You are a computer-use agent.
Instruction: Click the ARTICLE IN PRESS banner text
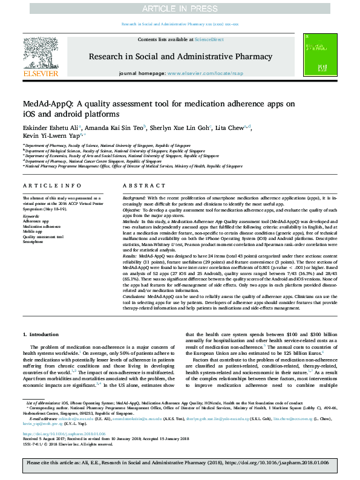click(x=180, y=8)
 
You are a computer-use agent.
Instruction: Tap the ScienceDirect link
click(x=209, y=40)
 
